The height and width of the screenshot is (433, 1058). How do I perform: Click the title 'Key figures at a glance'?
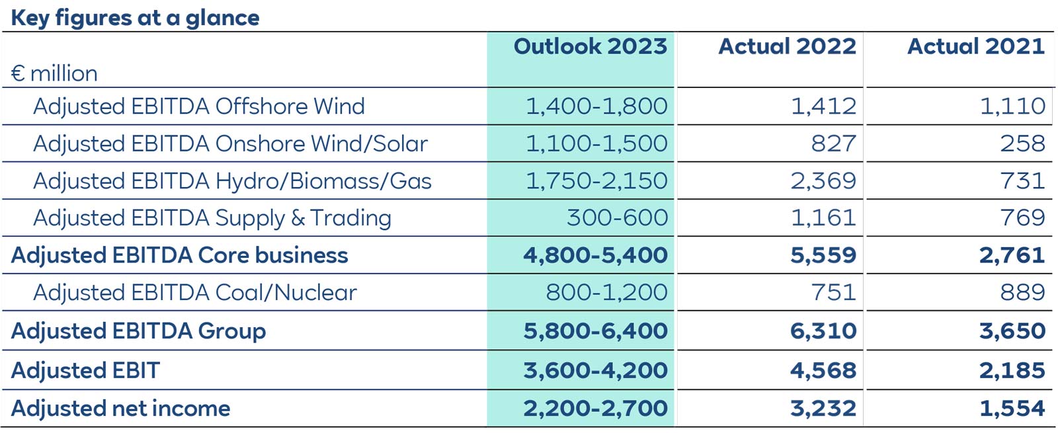(x=135, y=18)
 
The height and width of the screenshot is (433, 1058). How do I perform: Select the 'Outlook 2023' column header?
(x=590, y=46)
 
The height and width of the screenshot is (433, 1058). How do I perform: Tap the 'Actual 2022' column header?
(x=787, y=46)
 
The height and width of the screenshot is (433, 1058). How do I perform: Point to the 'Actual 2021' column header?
(x=976, y=46)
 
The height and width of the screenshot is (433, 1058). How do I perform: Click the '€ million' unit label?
(x=54, y=73)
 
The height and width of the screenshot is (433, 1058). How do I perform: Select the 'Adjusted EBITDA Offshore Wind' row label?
(x=198, y=106)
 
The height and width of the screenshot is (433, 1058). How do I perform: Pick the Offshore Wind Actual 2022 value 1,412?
(x=823, y=106)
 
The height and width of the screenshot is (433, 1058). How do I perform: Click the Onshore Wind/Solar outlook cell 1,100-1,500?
(x=596, y=143)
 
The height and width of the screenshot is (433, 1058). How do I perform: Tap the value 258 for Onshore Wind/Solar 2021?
(x=1022, y=143)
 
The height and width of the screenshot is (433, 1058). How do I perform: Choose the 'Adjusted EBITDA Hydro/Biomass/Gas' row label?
(x=232, y=181)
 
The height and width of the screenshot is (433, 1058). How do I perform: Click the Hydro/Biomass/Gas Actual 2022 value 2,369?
(x=823, y=181)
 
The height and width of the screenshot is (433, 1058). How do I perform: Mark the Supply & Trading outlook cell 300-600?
(x=617, y=218)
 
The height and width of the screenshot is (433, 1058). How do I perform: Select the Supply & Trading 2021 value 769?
(x=1022, y=218)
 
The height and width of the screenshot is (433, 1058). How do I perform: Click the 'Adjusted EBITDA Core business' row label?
(x=179, y=256)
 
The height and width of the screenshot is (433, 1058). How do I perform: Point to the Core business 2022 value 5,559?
(x=823, y=256)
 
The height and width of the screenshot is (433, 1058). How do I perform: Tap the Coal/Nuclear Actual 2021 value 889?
(x=1022, y=293)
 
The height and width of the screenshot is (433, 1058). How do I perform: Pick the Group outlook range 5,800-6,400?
(x=595, y=331)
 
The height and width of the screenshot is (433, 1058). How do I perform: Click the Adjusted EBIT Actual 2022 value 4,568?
(x=823, y=371)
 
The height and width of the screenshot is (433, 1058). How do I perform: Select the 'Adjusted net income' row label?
(x=120, y=409)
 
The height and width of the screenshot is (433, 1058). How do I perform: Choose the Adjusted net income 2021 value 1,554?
(x=1012, y=409)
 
